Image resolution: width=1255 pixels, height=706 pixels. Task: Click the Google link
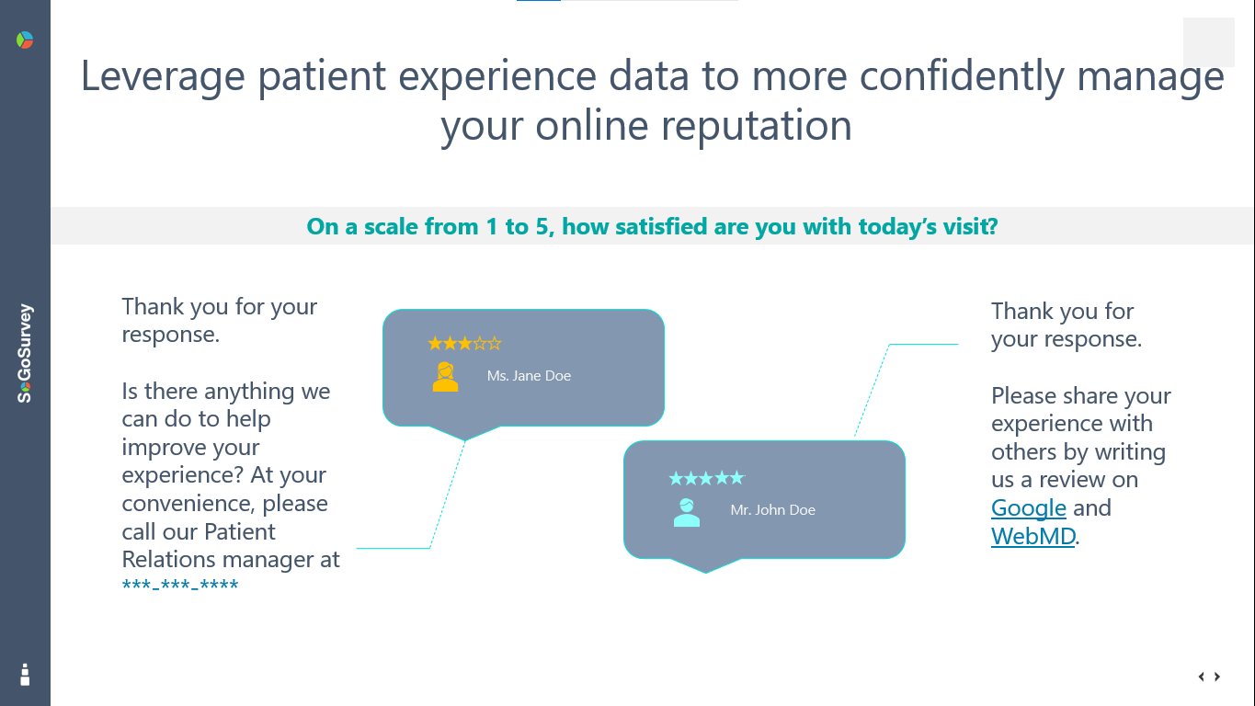[1028, 508]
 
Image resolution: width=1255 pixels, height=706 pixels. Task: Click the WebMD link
[1033, 536]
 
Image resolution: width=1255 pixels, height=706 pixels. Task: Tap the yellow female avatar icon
[445, 377]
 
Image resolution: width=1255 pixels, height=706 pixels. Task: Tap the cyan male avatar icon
[686, 512]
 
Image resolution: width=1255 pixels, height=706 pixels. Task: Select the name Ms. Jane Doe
[529, 376]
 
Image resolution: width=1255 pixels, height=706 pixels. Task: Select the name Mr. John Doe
[772, 510]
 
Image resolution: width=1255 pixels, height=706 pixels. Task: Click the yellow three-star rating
[464, 344]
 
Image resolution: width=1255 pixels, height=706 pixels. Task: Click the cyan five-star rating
[706, 478]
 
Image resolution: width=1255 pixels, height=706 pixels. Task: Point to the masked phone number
[180, 586]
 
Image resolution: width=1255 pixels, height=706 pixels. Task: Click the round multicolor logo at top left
[25, 40]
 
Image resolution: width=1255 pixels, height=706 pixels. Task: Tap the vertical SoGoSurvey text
[25, 353]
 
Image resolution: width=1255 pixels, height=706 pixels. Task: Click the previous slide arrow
[1201, 677]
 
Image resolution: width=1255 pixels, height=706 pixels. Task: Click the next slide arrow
[1217, 677]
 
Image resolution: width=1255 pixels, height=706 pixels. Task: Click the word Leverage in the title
[163, 77]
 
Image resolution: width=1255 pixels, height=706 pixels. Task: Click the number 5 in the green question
[542, 227]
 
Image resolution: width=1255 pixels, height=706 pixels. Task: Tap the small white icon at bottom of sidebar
[25, 675]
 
